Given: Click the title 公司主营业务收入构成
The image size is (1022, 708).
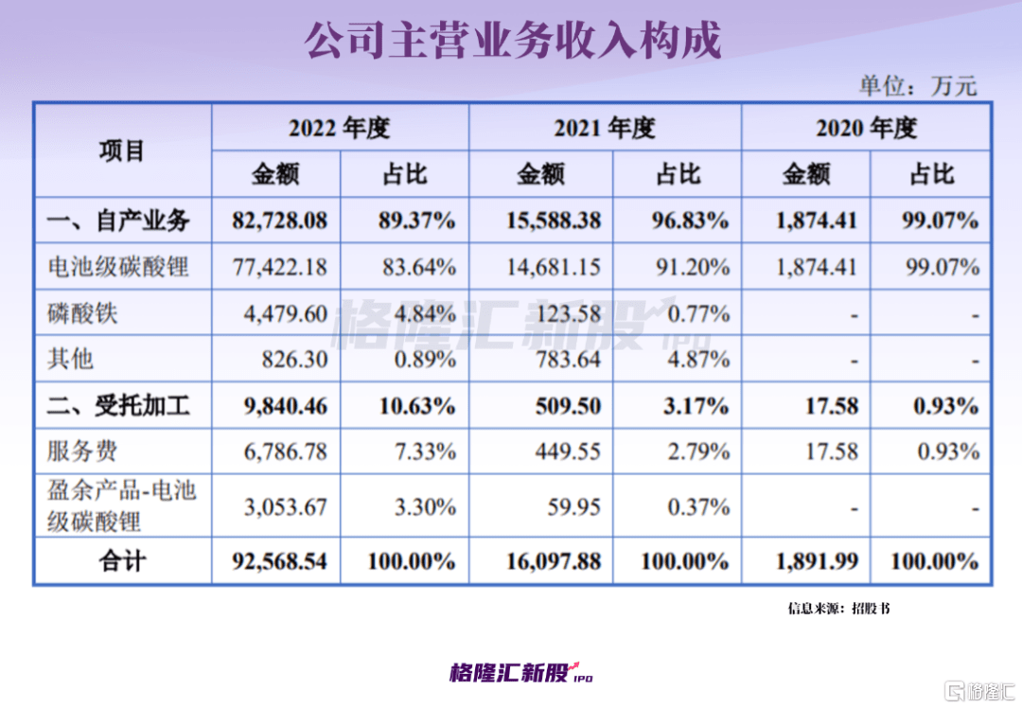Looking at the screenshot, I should point(512,41).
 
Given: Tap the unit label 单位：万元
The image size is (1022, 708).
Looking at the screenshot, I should point(917,85).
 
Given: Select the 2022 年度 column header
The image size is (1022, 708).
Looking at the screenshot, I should point(340,128).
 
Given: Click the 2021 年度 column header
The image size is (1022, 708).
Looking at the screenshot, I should point(605,128).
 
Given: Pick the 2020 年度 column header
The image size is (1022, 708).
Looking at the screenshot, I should point(866,128).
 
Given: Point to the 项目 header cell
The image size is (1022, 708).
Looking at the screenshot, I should point(122,150).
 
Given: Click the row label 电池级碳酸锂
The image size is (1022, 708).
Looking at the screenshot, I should point(118,268).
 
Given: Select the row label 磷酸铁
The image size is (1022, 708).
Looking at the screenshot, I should point(83,313).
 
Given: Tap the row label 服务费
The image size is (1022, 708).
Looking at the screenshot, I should point(83,451).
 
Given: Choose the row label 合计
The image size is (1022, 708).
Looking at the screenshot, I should point(122,561).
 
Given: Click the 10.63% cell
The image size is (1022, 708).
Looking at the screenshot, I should point(418,406).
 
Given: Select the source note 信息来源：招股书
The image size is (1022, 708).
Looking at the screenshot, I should point(838,609).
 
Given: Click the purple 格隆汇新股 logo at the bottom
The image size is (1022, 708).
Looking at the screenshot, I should point(521,673).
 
